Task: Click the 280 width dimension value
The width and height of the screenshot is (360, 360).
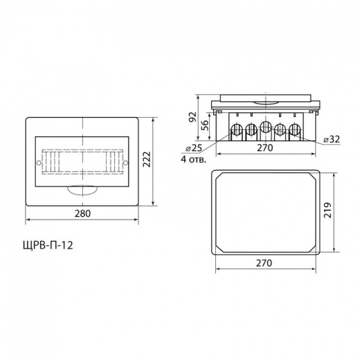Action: tap(82, 213)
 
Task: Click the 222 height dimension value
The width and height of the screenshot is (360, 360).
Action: tap(147, 159)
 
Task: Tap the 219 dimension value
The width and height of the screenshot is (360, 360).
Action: tap(327, 210)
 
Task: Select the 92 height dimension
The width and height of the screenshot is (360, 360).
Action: tap(192, 117)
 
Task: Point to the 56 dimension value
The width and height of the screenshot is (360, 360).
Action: tap(204, 125)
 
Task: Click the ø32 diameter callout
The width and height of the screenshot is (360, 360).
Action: tap(332, 139)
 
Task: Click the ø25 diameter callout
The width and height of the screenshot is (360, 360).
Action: tap(194, 148)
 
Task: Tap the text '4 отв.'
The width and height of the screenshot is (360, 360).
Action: tap(193, 160)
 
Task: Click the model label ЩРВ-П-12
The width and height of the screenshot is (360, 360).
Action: tap(48, 245)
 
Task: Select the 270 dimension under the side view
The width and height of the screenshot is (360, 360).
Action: tap(265, 147)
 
